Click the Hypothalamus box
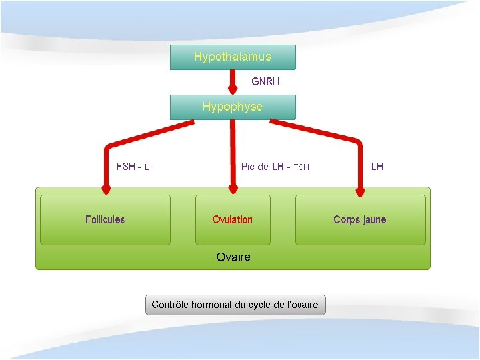[233, 57]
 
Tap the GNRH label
[265, 82]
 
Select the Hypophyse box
[233, 107]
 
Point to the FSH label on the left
[126, 166]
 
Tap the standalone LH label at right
[377, 166]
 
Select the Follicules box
[105, 219]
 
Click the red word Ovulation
[233, 219]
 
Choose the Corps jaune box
[360, 219]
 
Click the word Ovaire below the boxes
[233, 257]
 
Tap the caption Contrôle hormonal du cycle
[235, 305]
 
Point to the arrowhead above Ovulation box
[233, 191]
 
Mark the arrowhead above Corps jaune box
[360, 192]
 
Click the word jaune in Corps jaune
[373, 219]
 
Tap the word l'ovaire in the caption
[302, 305]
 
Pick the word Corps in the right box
[346, 219]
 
